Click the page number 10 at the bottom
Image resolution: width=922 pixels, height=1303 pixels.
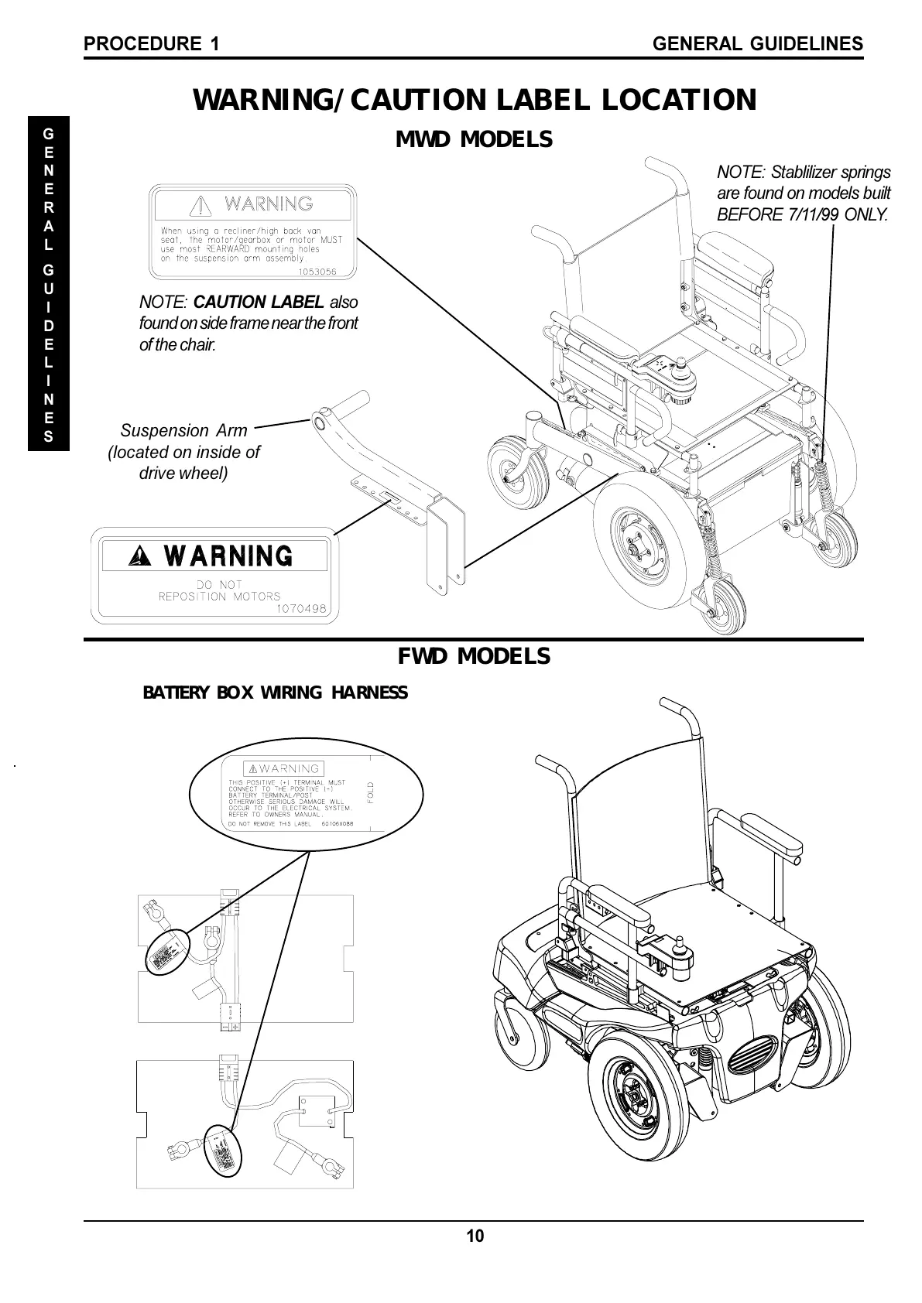(x=475, y=1236)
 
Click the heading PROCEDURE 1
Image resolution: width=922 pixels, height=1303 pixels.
(x=152, y=44)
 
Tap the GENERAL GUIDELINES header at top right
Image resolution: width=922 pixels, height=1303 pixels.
(x=758, y=44)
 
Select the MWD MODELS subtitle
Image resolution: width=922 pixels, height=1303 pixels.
(x=474, y=140)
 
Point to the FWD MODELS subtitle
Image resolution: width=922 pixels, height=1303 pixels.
(x=474, y=656)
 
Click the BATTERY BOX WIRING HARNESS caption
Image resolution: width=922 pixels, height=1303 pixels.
(x=275, y=693)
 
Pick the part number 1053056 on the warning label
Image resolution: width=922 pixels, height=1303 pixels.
(x=317, y=271)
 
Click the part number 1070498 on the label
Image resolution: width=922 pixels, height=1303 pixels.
(x=303, y=608)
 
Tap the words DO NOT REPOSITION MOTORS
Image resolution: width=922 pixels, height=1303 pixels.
(x=219, y=590)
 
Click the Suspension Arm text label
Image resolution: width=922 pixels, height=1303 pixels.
(x=184, y=431)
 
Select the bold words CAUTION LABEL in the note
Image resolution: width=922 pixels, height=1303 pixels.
(x=259, y=302)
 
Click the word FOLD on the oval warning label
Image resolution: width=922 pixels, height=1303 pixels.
(x=371, y=793)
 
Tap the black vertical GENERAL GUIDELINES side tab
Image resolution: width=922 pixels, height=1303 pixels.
(x=49, y=283)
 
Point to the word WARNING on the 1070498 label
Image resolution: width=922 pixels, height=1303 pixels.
(x=229, y=556)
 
